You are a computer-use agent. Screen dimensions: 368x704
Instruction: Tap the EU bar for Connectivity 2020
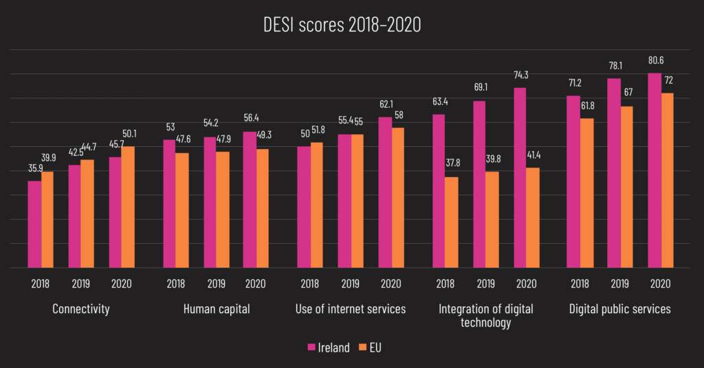129,207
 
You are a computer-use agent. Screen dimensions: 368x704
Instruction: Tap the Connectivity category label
81,309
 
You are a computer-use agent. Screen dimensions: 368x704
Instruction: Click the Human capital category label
216,309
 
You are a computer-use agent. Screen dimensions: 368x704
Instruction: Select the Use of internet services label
350,309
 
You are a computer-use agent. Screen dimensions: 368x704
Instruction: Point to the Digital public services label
619,309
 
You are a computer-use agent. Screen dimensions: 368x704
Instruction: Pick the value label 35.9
34,168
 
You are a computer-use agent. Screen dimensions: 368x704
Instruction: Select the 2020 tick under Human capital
256,284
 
